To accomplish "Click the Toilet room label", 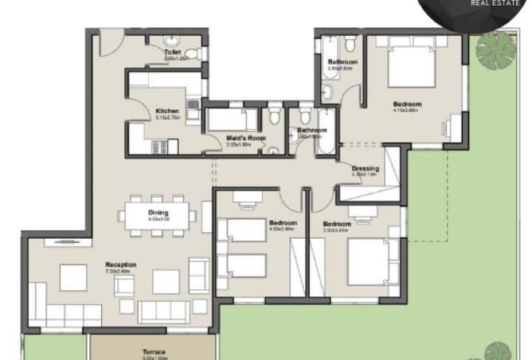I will click(173, 53).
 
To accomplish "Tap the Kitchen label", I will click(167, 111).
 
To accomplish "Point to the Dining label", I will click(158, 212).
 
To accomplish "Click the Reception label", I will click(121, 264).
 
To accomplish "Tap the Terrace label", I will click(154, 351).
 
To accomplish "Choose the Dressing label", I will click(366, 168).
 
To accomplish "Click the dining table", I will click(158, 214).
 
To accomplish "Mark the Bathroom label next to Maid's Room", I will click(311, 130).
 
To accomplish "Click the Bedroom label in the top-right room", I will click(407, 104).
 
